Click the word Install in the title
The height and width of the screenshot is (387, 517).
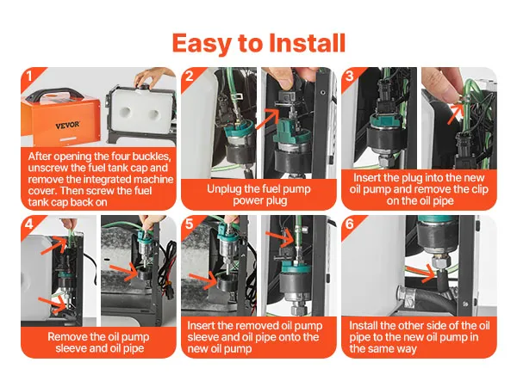(x=308, y=43)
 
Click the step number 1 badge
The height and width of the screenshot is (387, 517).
(x=29, y=76)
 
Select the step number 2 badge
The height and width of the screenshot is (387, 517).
(x=190, y=76)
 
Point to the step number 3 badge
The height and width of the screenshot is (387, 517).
(x=350, y=76)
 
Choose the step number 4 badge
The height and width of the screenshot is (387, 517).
(x=29, y=224)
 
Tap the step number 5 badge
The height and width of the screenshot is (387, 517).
(x=190, y=224)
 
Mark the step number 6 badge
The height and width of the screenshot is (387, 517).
(x=350, y=224)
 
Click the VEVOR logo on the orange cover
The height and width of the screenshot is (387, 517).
(x=67, y=125)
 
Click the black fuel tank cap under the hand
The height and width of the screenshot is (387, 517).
(x=144, y=87)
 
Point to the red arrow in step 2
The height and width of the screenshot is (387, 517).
(x=267, y=120)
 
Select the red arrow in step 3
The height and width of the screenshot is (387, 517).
(x=455, y=114)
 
